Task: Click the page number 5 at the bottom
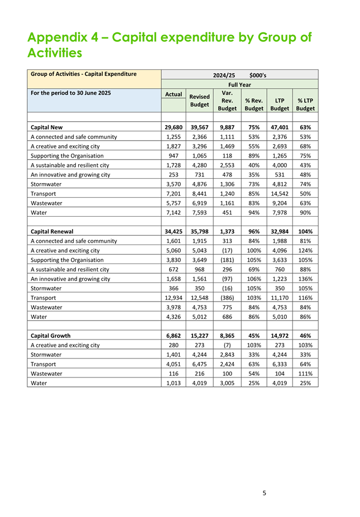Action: tap(265, 493)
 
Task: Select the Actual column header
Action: tap(174, 94)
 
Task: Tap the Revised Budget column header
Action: tap(200, 100)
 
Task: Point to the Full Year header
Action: tap(239, 85)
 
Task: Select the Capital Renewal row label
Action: tap(53, 231)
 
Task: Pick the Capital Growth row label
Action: tap(51, 336)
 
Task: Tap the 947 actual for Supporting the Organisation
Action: tap(174, 156)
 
